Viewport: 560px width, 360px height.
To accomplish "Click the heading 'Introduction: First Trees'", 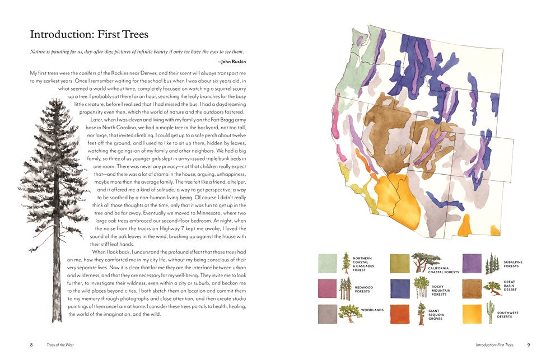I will (x=89, y=35).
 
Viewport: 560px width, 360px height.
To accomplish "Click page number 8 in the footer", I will (x=31, y=345).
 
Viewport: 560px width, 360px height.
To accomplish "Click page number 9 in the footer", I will (x=528, y=345).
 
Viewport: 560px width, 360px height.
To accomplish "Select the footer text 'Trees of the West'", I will (x=60, y=345).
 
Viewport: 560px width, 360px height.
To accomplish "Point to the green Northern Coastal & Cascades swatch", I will (x=328, y=263).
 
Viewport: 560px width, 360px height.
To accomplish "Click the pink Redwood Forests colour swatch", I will (x=328, y=288).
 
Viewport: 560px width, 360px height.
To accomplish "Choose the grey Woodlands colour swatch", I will (x=328, y=314).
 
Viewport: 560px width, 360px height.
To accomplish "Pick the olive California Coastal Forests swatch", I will (x=400, y=263).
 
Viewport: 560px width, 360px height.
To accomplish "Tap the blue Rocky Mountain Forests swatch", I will (x=400, y=288).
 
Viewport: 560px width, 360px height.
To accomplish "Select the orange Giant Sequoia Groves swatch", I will (x=400, y=314).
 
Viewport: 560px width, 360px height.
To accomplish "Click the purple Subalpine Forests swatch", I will (x=472, y=263).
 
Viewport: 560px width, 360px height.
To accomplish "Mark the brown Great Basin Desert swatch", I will (x=472, y=288).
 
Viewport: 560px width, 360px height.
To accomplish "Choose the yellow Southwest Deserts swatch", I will (x=472, y=314).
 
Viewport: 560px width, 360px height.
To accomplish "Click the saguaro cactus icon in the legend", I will (x=491, y=313).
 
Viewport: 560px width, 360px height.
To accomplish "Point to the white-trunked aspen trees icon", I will (x=420, y=287).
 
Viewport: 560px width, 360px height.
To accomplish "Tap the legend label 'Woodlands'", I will (x=372, y=310).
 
